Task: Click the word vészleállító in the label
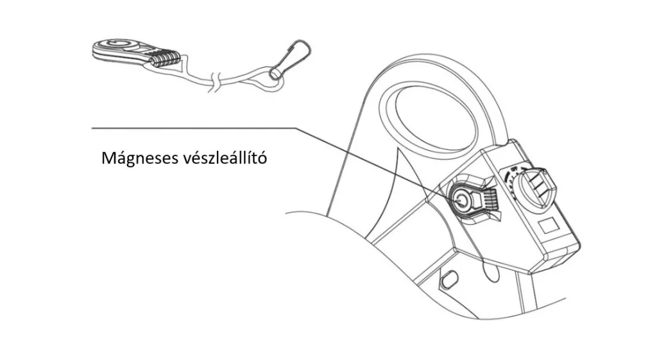(x=225, y=158)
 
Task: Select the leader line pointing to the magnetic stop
(x=276, y=164)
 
